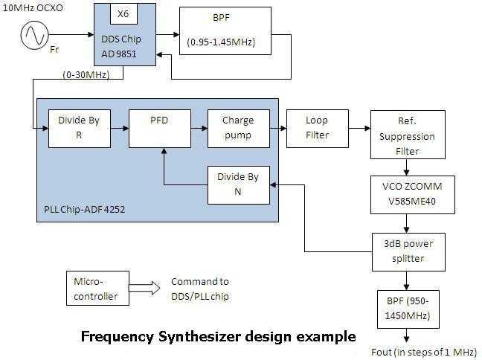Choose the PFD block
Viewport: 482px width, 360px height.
[155, 127]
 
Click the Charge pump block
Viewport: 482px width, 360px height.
[237, 127]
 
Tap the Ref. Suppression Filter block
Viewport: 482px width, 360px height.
[408, 135]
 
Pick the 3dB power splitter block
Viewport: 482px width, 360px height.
[408, 251]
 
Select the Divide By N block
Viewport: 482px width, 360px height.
[237, 184]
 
